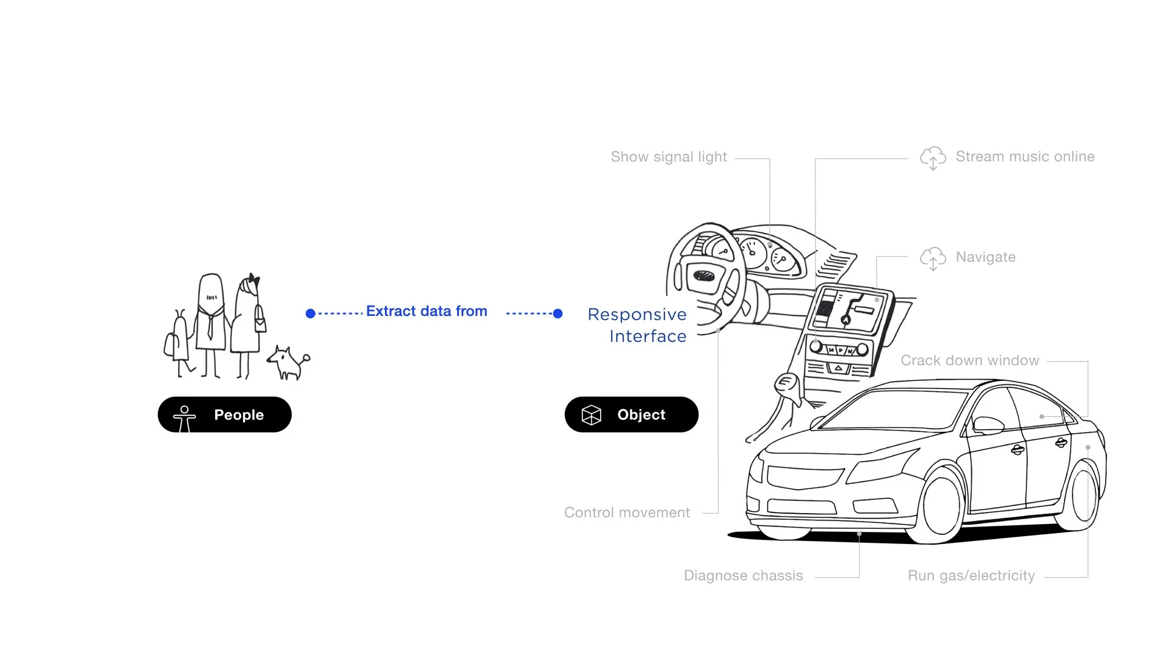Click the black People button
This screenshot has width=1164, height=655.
224,415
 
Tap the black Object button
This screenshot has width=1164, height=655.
631,415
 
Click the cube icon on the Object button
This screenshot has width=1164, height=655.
591,415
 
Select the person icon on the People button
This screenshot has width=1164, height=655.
184,417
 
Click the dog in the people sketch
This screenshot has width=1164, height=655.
289,362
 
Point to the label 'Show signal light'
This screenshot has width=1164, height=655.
668,157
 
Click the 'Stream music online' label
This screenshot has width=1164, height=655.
1025,156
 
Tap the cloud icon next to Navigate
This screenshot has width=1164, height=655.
932,258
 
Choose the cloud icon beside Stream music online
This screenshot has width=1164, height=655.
932,158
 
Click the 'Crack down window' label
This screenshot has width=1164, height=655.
969,360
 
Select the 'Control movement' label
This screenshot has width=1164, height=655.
626,512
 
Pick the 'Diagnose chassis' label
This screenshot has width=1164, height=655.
743,576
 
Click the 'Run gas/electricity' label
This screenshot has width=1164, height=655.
971,576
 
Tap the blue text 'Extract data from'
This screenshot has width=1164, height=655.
426,311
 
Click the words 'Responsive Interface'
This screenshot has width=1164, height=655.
637,325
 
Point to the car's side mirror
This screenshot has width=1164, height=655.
988,425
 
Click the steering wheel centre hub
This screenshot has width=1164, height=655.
704,276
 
